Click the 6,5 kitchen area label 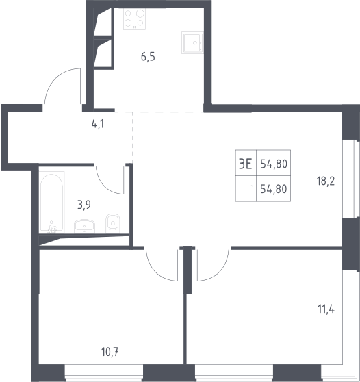pyautogui.click(x=148, y=57)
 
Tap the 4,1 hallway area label pyautogui.click(x=98, y=124)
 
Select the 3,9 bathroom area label pyautogui.click(x=84, y=205)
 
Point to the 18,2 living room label pyautogui.click(x=326, y=181)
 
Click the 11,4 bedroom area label pyautogui.click(x=326, y=309)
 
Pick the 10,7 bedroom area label pyautogui.click(x=110, y=352)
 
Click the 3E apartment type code pyautogui.click(x=245, y=164)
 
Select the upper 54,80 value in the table pyautogui.click(x=274, y=164)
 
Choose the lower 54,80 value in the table pyautogui.click(x=274, y=189)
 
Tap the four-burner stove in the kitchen pyautogui.click(x=134, y=19)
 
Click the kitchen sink pyautogui.click(x=192, y=42)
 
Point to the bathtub pyautogui.click(x=52, y=202)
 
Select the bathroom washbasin pyautogui.click(x=84, y=227)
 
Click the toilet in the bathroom pyautogui.click(x=112, y=223)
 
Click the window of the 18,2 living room pyautogui.click(x=350, y=179)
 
